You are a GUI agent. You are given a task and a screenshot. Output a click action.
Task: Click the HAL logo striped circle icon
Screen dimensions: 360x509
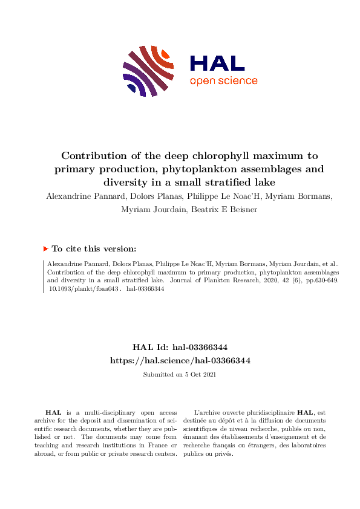coord(145,71)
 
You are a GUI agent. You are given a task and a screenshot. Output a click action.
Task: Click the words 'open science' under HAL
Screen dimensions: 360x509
coord(223,81)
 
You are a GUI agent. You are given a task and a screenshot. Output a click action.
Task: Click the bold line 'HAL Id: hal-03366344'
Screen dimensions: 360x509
coord(180,348)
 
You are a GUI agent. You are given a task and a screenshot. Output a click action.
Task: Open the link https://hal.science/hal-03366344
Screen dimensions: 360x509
coord(180,360)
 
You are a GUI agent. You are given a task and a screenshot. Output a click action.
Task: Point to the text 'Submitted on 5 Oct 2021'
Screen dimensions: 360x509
coord(180,375)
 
